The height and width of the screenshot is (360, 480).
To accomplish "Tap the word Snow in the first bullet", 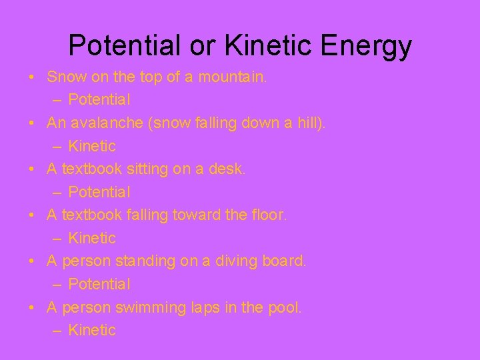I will (66, 77).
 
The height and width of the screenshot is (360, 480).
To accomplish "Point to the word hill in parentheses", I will (307, 123).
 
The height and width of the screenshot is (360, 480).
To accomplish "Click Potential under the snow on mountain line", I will (99, 100).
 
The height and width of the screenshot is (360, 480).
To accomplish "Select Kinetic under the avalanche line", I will (92, 146).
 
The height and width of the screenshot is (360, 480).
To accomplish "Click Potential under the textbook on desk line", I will (99, 192).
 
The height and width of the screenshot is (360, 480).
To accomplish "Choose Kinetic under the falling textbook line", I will (92, 238).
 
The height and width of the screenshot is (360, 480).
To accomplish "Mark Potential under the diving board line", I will (99, 284).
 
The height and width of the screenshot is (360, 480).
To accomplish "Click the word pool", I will (285, 307).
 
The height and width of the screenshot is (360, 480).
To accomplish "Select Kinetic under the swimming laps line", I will (92, 330).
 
